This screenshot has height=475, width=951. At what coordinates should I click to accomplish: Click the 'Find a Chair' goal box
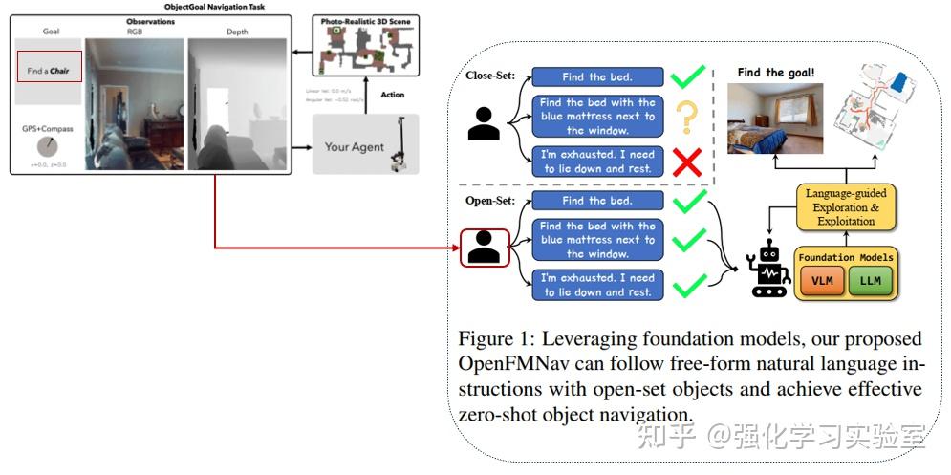point(50,67)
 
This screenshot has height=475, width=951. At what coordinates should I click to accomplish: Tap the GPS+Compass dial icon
point(47,147)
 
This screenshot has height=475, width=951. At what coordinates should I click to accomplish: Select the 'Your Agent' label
point(354,146)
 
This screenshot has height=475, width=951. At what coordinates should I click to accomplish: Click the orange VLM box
point(821,281)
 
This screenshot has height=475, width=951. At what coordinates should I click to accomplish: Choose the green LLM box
point(870,281)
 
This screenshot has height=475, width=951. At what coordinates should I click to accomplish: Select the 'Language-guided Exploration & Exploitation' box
point(847,207)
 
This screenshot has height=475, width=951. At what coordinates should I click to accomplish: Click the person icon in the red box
point(486,248)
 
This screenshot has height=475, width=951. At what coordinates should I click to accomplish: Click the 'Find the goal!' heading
point(775,72)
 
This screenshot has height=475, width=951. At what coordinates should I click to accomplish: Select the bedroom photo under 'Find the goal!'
point(774,119)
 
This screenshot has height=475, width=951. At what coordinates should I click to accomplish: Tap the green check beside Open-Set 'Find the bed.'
point(689,201)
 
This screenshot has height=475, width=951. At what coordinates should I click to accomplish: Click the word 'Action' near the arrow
point(393,95)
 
